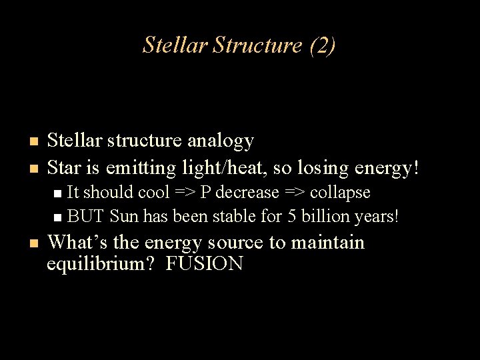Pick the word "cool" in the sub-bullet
(x=153, y=193)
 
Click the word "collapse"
(x=339, y=193)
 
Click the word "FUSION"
(x=205, y=264)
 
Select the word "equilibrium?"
(x=102, y=264)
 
